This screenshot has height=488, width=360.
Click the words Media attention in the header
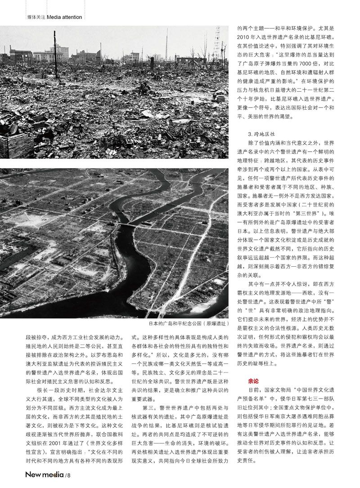(x=64, y=17)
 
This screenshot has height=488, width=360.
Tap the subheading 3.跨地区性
(x=261, y=134)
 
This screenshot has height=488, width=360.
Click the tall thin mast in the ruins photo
(x=166, y=43)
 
